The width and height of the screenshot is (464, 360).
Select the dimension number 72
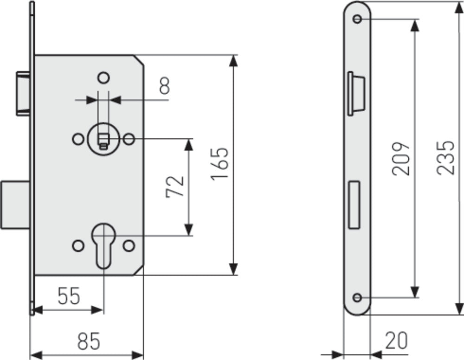click(176, 186)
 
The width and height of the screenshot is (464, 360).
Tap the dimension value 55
click(69, 296)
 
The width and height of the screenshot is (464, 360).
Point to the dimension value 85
click(89, 342)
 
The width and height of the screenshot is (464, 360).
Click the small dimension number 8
click(164, 86)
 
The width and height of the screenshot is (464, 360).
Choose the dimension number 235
click(446, 158)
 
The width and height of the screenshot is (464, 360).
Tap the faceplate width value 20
click(396, 341)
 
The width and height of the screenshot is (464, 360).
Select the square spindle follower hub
click(103, 138)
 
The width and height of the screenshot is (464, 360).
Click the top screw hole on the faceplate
click(357, 19)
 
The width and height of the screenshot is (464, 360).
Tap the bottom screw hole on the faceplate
click(357, 297)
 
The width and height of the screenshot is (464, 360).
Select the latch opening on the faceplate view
click(355, 93)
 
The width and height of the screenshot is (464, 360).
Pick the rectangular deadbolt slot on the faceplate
click(354, 204)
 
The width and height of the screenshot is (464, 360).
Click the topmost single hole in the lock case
click(103, 77)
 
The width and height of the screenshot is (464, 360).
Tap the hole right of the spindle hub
click(129, 138)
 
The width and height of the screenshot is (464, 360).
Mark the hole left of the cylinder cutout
click(77, 244)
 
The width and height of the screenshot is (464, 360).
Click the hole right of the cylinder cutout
click(129, 244)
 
